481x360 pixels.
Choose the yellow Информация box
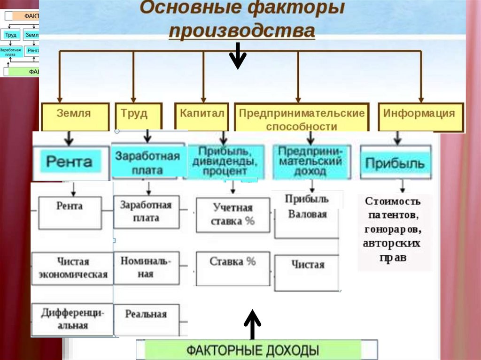coord(419,115)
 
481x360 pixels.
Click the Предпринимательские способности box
coord(302,119)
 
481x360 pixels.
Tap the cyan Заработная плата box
coord(147,162)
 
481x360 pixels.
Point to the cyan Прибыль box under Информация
coord(395,163)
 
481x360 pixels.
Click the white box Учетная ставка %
coord(233,214)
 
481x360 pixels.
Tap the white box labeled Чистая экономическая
coord(72,268)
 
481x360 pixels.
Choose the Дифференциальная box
coord(72,319)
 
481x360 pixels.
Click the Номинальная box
coord(146,268)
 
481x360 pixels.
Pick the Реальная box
coord(146,314)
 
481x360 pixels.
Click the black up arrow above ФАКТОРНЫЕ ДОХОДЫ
coord(253,323)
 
